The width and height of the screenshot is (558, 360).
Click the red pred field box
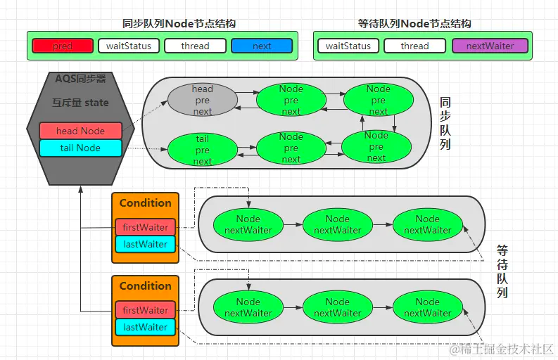pyautogui.click(x=63, y=46)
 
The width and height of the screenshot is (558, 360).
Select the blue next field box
pyautogui.click(x=262, y=46)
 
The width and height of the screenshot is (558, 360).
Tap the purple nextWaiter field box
pyautogui.click(x=490, y=46)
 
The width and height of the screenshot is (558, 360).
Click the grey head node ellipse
pyautogui.click(x=203, y=100)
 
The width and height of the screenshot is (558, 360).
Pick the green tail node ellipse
pyautogui.click(x=203, y=150)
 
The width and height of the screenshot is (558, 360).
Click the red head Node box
pyautogui.click(x=80, y=131)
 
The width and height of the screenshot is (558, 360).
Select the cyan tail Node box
pyautogui.click(x=80, y=148)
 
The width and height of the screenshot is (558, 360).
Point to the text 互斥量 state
pyautogui.click(x=80, y=103)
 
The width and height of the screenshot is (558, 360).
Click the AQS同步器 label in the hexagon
pyautogui.click(x=80, y=79)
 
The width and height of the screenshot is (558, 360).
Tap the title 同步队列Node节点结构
pyautogui.click(x=179, y=24)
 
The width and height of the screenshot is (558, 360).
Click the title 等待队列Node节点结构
pyautogui.click(x=414, y=24)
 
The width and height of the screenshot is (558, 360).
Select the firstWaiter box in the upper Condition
pyautogui.click(x=145, y=227)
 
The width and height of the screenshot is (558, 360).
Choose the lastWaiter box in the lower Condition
pyautogui.click(x=145, y=327)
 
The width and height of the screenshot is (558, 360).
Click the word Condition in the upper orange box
pyautogui.click(x=145, y=202)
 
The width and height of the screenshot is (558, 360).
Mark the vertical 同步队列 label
pyautogui.click(x=445, y=124)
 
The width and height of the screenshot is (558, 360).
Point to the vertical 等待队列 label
pyautogui.click(x=502, y=271)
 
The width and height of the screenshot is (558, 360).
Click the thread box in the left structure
pyautogui.click(x=195, y=46)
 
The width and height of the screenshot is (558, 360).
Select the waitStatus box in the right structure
pyautogui.click(x=348, y=46)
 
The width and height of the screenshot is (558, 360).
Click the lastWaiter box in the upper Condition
pyautogui.click(x=145, y=244)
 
